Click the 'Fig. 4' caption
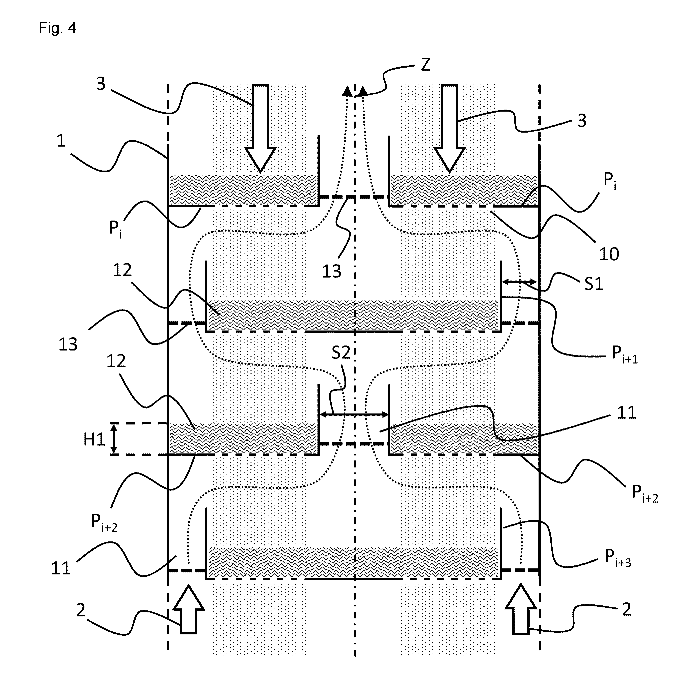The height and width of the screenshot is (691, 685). click(x=57, y=28)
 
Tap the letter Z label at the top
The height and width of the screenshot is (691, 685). click(x=425, y=65)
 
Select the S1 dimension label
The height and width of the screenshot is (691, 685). click(x=594, y=284)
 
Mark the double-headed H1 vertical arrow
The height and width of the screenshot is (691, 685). click(x=114, y=438)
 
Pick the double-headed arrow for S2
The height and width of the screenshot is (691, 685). click(x=354, y=414)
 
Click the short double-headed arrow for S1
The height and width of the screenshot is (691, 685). click(x=520, y=282)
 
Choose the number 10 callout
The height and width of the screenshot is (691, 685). click(x=609, y=254)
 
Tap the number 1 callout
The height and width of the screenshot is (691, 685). click(x=61, y=141)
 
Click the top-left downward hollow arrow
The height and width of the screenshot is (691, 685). click(x=261, y=128)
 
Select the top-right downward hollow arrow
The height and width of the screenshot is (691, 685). click(x=450, y=128)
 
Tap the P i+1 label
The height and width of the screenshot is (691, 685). click(x=625, y=354)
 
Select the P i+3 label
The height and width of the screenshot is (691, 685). click(x=618, y=558)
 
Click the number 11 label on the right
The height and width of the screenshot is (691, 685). click(x=626, y=412)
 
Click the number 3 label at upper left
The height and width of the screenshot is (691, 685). click(x=101, y=83)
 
